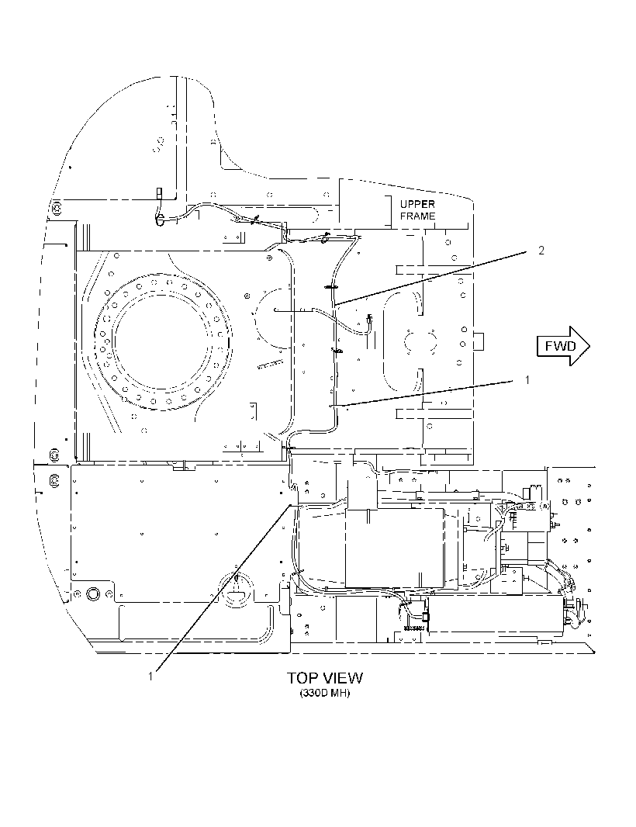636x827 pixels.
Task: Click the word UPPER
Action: (417, 204)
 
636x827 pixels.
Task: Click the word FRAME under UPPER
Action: (418, 216)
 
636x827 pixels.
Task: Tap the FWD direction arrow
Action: (563, 346)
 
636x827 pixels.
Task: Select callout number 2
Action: (541, 251)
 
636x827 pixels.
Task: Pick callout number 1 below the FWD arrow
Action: (527, 379)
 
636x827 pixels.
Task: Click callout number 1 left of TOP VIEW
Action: (150, 676)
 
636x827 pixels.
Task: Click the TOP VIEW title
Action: (325, 678)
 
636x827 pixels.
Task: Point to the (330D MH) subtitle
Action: (325, 693)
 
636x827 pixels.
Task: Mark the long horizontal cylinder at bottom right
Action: (496, 614)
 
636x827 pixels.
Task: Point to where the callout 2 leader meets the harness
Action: (334, 304)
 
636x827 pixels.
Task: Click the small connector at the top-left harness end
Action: (158, 193)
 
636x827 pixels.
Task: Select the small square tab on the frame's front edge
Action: (479, 341)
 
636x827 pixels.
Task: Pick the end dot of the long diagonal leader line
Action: (289, 506)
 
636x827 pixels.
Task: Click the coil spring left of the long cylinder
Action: (413, 628)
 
